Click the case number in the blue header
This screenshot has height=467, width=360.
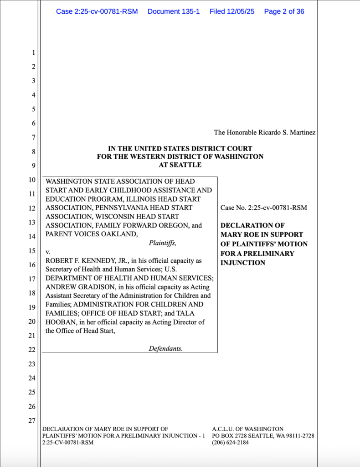click(x=97, y=11)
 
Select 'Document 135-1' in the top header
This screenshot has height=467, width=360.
click(x=174, y=11)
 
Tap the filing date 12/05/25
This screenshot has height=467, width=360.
click(x=232, y=11)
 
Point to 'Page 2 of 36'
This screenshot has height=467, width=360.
click(x=284, y=11)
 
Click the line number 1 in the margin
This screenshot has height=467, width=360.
click(x=33, y=53)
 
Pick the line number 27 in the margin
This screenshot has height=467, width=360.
click(x=31, y=420)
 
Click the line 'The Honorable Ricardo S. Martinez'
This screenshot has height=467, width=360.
click(x=265, y=133)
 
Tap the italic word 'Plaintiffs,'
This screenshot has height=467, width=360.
click(x=163, y=243)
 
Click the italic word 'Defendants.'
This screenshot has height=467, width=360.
click(x=165, y=348)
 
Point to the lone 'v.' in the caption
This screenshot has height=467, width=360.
click(x=48, y=252)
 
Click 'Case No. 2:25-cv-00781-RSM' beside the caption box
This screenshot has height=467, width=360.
click(x=263, y=208)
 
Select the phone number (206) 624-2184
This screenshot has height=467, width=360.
click(x=231, y=442)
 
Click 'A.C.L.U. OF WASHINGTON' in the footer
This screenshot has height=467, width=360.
click(x=248, y=429)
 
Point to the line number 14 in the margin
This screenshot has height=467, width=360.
click(x=31, y=237)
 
